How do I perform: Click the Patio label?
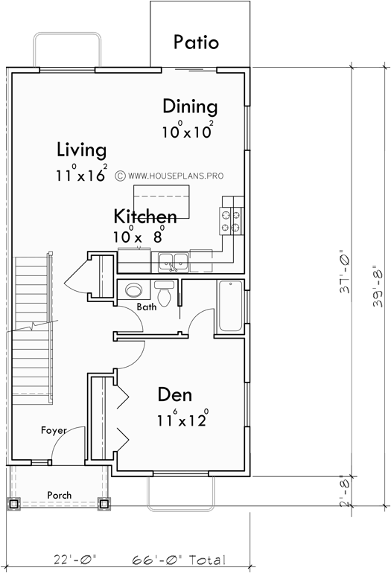196,42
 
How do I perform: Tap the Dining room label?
190,106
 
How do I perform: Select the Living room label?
81,150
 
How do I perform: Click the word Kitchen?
145,217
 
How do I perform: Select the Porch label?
59,494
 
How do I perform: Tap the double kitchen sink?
172,260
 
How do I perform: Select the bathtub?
231,305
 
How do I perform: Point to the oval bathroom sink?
134,290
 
